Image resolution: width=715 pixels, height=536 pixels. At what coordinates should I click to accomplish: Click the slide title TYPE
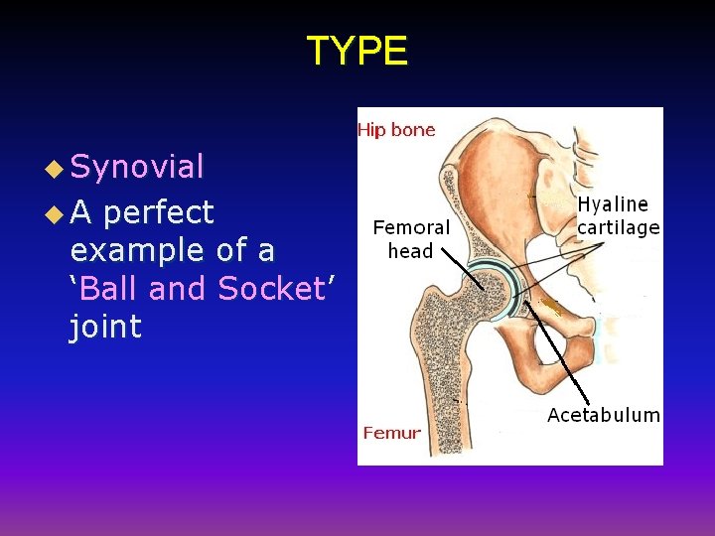[357, 51]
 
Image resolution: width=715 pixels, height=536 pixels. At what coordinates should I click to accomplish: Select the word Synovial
[137, 167]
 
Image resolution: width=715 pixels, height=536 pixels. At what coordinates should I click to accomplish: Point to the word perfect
[158, 212]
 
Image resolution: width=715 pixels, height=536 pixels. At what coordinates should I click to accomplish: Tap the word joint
[105, 327]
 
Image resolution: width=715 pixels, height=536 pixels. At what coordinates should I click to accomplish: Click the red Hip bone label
[395, 130]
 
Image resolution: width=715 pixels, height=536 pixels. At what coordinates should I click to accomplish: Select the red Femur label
[391, 433]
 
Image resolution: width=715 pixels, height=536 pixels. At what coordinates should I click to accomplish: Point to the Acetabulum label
[603, 415]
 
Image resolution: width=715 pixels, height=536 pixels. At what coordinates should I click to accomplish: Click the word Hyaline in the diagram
[613, 204]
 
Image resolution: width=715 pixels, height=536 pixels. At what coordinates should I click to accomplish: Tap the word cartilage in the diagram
[619, 228]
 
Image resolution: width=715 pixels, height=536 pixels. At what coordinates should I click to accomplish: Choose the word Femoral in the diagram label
[411, 227]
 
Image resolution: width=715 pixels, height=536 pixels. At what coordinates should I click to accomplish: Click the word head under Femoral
[411, 251]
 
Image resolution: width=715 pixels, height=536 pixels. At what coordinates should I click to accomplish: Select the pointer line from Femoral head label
[462, 267]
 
